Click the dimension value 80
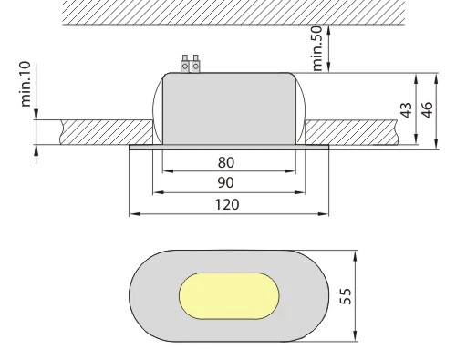226,162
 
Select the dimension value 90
226,182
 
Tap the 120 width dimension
227,204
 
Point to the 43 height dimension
407,110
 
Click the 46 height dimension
428,110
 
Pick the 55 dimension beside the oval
346,296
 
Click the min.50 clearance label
317,48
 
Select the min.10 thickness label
26,84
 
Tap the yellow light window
229,296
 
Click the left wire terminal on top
185,64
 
